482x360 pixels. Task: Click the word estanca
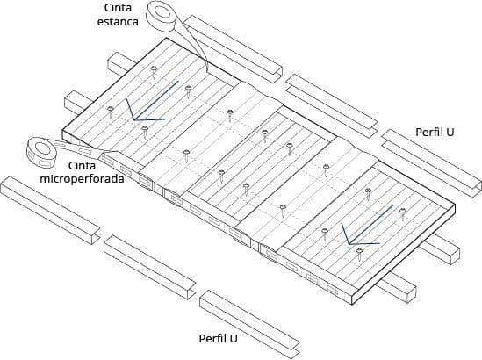pos(118,22)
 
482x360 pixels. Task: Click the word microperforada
pos(82,178)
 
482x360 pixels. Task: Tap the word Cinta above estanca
pos(118,8)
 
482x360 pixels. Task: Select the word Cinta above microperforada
pos(82,166)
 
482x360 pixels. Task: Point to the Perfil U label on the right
pos(435,133)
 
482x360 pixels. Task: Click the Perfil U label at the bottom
pos(219,338)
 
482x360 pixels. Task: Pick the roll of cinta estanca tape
pos(162,16)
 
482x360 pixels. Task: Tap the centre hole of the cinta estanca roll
pos(163,11)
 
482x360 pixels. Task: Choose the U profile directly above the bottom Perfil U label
pos(249,325)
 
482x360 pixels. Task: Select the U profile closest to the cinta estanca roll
pos(234,49)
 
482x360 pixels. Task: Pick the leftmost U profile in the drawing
pos(50,211)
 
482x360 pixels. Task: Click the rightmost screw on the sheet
pos(403,213)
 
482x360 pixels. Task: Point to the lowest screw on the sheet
pos(359,254)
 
